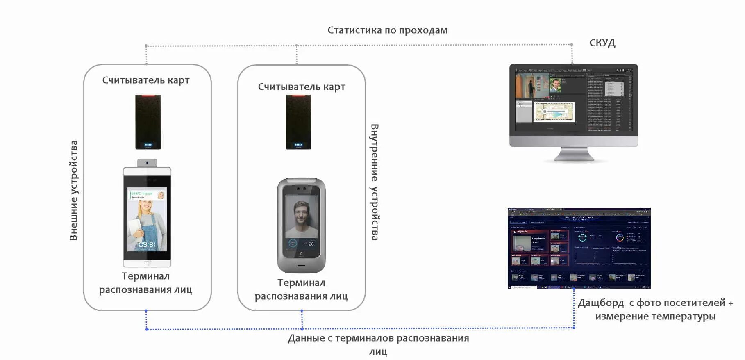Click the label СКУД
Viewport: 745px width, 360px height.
[x=602, y=43]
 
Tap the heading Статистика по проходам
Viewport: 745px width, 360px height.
[x=387, y=30]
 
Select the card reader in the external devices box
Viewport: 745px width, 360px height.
[x=148, y=122]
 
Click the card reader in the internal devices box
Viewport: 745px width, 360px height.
[x=298, y=122]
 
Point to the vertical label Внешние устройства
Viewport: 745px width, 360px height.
[x=73, y=190]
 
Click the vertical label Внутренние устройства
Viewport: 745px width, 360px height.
[x=375, y=182]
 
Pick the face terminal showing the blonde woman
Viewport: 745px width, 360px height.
[x=147, y=217]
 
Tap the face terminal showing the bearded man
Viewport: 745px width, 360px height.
[x=301, y=225]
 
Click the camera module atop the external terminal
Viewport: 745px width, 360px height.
[x=147, y=163]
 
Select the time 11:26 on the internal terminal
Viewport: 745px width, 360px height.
[x=309, y=244]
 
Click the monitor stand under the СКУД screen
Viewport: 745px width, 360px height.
[x=574, y=155]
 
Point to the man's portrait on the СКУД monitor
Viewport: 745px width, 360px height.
[x=555, y=86]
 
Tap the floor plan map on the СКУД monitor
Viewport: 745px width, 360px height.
[x=554, y=112]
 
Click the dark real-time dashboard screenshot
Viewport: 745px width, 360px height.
[x=579, y=248]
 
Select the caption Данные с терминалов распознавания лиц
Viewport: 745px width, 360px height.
[x=378, y=344]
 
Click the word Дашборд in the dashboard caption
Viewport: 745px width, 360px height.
[x=601, y=303]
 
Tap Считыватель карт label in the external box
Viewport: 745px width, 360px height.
[x=146, y=80]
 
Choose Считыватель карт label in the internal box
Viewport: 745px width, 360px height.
[x=301, y=87]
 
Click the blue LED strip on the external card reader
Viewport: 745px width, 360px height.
[x=148, y=145]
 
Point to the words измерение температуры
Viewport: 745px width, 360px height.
[x=655, y=316]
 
